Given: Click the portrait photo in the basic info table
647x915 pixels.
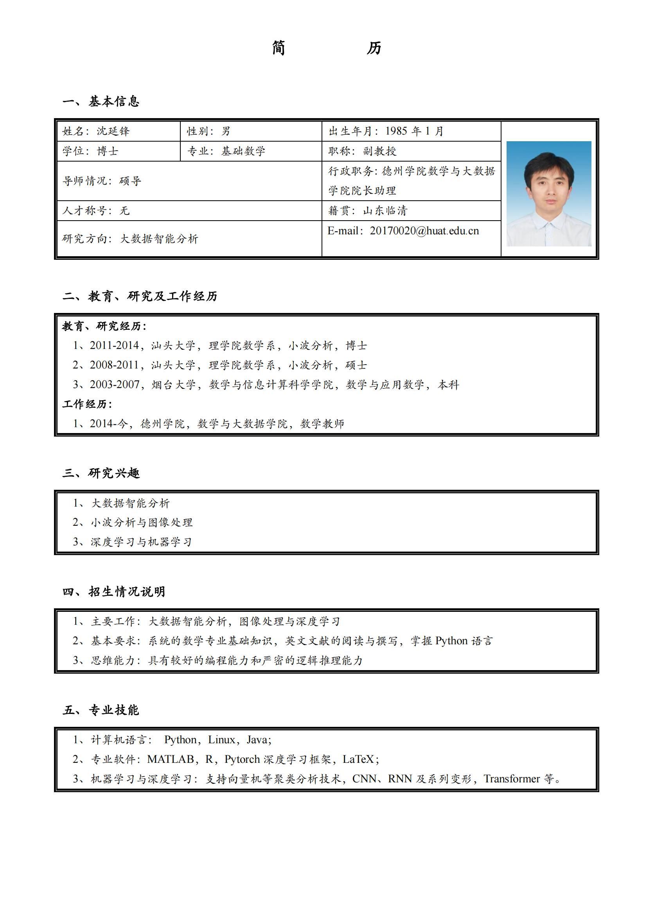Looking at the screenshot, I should (548, 194).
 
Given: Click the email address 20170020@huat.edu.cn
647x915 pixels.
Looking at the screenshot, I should (424, 231).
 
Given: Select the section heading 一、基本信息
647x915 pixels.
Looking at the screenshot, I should (101, 101).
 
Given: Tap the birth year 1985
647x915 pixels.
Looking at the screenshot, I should (396, 131).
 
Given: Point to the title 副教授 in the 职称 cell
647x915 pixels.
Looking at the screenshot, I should (379, 151).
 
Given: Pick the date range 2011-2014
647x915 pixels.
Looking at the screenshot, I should (114, 345).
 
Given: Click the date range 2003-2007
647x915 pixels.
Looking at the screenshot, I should (114, 384).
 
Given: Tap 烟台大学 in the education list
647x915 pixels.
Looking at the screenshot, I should (174, 384).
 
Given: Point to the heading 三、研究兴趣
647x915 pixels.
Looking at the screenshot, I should (101, 473).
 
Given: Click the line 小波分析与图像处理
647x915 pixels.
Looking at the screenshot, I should (142, 522).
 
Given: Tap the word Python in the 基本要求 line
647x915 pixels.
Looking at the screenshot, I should (451, 641).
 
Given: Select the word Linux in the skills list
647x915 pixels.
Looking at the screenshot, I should (221, 740).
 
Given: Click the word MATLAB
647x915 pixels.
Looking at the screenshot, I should (171, 759).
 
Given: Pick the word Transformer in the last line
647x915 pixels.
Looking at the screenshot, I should (512, 779).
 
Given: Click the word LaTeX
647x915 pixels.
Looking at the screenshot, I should (358, 759).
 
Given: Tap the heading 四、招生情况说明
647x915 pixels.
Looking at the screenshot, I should (113, 591).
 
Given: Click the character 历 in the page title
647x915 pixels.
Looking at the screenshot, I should (374, 48).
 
